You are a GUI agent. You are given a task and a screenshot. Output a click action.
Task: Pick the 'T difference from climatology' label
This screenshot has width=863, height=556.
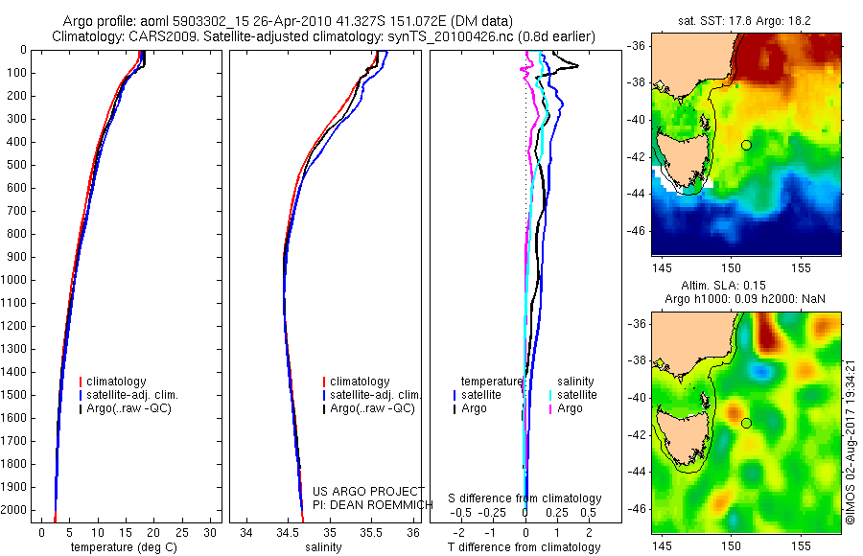pos(524,547)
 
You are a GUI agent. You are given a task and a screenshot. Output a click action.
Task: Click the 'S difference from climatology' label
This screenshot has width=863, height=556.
pos(525,498)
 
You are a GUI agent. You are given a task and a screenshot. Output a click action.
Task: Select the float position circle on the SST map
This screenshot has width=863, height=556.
pos(746,145)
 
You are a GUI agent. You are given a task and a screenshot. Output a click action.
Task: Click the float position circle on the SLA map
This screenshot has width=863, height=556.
pos(746,423)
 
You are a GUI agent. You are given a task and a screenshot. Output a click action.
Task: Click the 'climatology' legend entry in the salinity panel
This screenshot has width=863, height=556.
pos(359,382)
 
